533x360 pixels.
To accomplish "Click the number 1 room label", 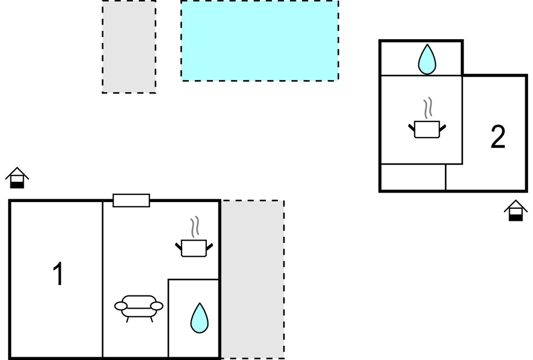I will (x=58, y=274).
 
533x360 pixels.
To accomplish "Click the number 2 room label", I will (x=498, y=137).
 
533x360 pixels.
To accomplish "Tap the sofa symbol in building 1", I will (x=138, y=307).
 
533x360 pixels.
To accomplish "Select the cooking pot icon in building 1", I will (x=194, y=247).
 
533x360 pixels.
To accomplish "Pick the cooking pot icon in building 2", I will (x=427, y=129).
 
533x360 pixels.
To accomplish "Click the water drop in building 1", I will (x=199, y=318).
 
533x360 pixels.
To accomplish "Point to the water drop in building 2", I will (x=427, y=59).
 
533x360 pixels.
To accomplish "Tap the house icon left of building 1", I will (x=17, y=178).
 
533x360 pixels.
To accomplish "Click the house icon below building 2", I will (x=515, y=210).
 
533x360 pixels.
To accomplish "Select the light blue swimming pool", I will (x=259, y=40).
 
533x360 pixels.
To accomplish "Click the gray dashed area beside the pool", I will (x=129, y=46).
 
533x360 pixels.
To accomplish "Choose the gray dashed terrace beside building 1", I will (x=253, y=279).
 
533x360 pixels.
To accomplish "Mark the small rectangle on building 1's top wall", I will (x=131, y=200).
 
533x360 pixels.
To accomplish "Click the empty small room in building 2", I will (x=413, y=177).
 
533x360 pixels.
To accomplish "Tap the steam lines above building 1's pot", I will (x=194, y=226).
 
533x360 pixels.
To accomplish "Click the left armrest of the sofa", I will (x=121, y=305).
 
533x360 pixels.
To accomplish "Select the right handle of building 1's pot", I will (x=209, y=245).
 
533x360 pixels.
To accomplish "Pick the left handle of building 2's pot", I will (x=412, y=128).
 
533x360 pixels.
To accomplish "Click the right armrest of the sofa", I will (x=157, y=305).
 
